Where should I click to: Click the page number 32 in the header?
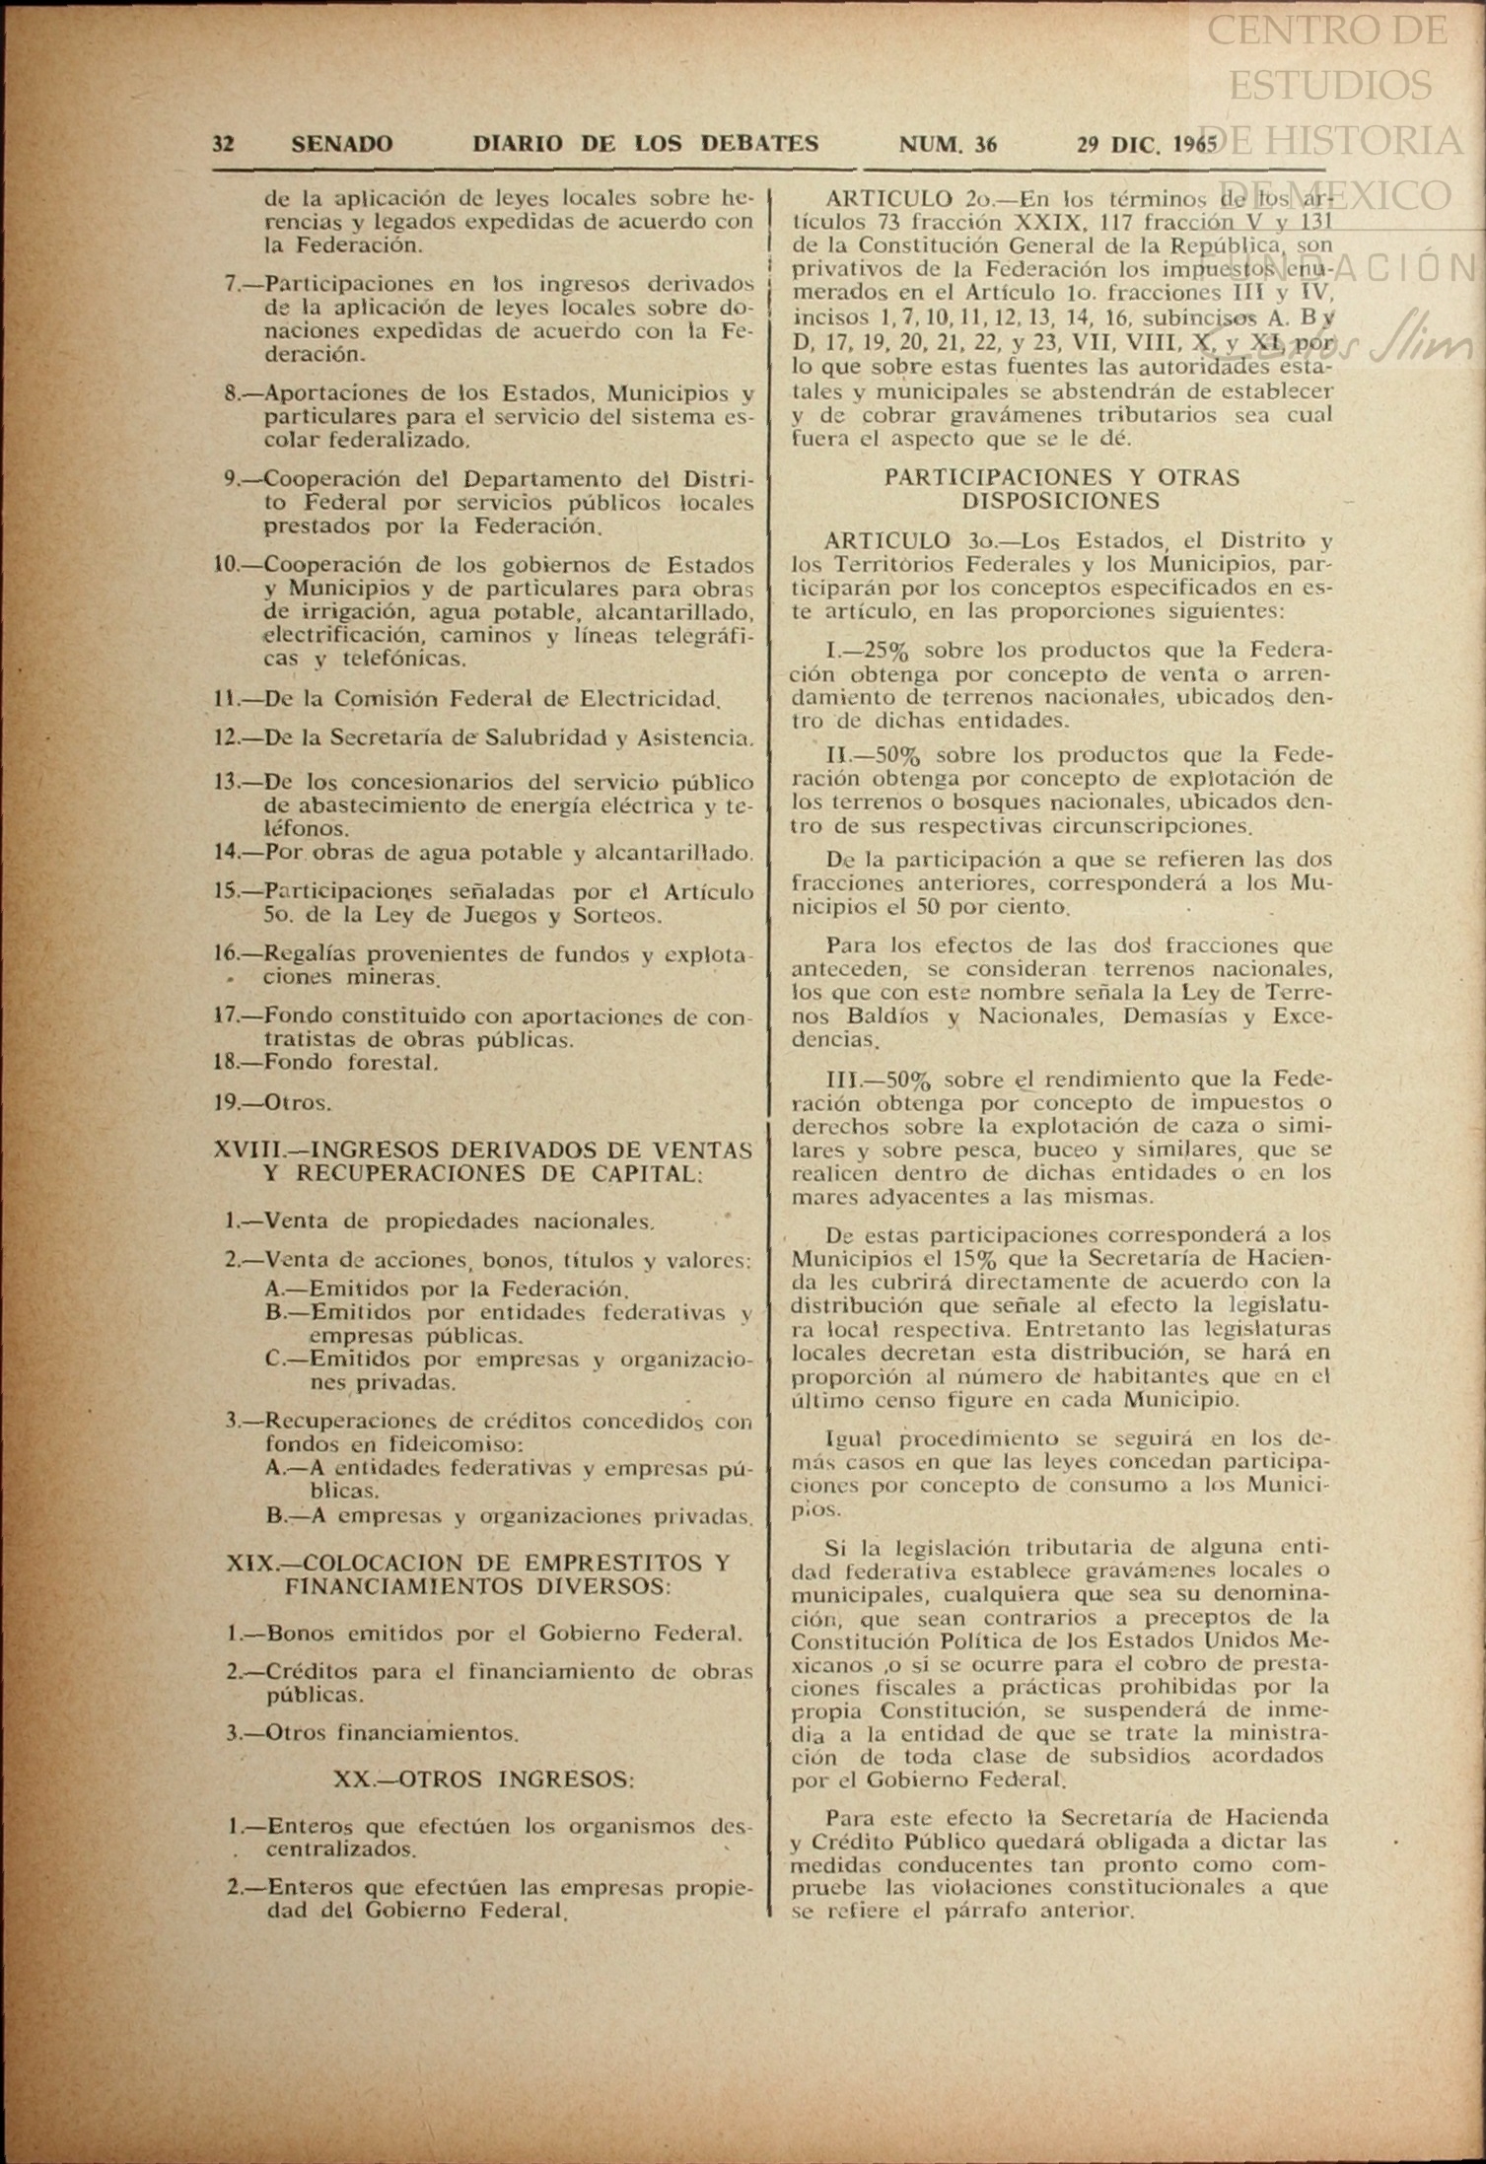click(x=223, y=144)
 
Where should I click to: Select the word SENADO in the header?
click(x=341, y=144)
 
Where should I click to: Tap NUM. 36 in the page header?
click(x=947, y=144)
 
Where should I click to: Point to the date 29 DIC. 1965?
click(x=1147, y=144)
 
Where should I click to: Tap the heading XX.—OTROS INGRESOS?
click(x=483, y=1780)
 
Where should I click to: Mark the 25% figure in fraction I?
click(x=884, y=651)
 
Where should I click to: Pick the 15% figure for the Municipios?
click(x=978, y=1259)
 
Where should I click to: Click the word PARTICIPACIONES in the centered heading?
click(x=999, y=477)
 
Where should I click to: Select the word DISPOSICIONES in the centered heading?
click(x=1061, y=501)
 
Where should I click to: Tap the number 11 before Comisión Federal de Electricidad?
click(x=225, y=699)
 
